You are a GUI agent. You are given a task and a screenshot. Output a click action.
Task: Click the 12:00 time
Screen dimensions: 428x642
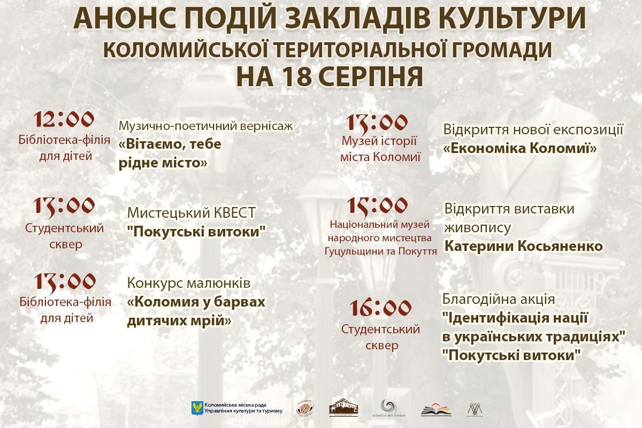tap(64, 120)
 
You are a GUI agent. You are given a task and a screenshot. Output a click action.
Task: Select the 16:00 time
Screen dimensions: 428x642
tap(380, 308)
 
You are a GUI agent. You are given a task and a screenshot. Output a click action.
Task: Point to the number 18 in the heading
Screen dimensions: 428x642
tap(291, 77)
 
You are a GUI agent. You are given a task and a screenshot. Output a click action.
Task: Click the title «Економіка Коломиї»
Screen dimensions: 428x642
tap(520, 148)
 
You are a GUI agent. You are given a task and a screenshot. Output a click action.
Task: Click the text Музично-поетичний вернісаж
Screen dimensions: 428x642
tap(207, 126)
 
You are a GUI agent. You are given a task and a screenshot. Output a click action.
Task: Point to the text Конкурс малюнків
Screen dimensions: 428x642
tap(188, 282)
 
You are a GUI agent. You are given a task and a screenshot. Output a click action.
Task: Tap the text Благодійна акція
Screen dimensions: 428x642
tap(499, 299)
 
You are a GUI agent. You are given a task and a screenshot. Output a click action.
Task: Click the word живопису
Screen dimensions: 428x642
tap(477, 227)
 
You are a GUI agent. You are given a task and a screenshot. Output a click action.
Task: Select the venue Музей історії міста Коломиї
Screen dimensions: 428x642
tap(380, 149)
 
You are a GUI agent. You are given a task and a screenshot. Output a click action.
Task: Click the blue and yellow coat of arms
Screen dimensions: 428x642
tap(196, 408)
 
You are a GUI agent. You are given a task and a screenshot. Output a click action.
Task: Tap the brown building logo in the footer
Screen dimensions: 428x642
tap(343, 407)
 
